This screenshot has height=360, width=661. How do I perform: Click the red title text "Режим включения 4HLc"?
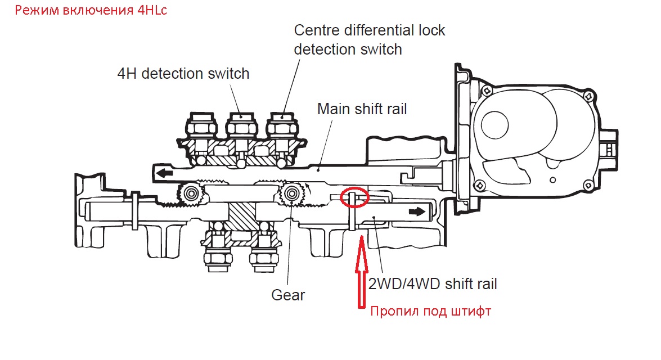coord(91,10)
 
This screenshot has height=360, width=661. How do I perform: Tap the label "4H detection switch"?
coord(183,74)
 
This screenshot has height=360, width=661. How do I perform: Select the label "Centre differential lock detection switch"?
coord(369,39)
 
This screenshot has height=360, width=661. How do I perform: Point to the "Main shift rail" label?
coord(362,109)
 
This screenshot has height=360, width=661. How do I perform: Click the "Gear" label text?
coord(288,295)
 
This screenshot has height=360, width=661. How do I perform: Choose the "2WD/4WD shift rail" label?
coord(433,283)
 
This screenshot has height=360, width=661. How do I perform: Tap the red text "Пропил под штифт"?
coord(431,312)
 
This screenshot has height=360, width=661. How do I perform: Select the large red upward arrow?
coord(361,272)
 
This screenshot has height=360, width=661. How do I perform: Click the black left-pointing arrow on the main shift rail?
coord(164,173)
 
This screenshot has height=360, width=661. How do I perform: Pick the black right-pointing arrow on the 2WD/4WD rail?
coord(417,211)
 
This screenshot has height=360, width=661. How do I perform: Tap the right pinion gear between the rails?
coord(291,194)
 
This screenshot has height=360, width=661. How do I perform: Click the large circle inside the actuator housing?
coord(494,125)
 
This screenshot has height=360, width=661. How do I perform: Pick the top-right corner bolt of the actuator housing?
coord(589,97)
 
